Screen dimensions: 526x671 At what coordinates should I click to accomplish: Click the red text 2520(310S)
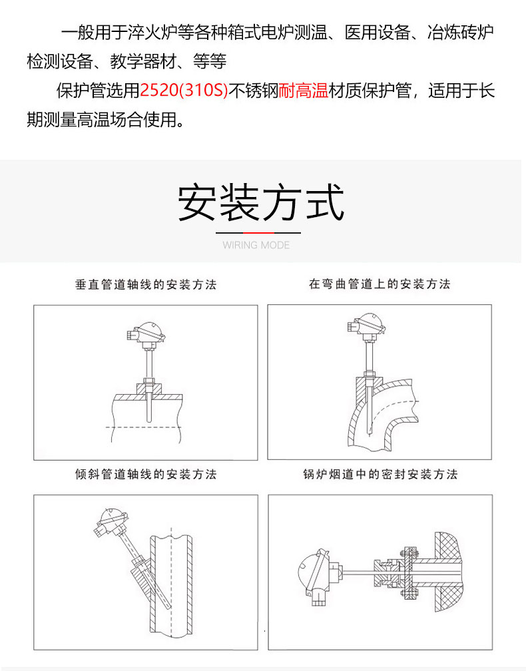point(184,91)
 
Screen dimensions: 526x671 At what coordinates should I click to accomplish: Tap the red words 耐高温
point(304,91)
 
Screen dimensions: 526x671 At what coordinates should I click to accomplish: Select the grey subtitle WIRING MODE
point(256,245)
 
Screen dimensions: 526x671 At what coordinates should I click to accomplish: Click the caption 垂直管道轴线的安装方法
point(146,285)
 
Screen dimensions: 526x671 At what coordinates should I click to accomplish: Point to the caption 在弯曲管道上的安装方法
point(380,284)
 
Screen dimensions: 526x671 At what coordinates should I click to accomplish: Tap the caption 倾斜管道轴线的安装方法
point(146,474)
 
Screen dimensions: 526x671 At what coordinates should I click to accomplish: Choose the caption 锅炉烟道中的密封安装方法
point(380,474)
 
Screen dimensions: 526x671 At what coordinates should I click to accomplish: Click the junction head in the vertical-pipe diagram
point(147,332)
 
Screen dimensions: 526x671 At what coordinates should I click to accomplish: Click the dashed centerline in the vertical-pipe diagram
point(143,427)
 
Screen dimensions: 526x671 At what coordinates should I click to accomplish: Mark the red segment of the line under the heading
point(259,233)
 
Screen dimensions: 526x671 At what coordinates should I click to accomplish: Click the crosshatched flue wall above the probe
point(449,546)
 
